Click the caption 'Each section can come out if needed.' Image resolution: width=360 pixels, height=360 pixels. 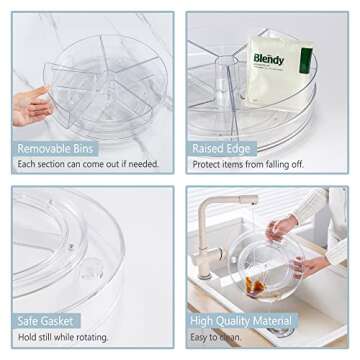click(87, 164)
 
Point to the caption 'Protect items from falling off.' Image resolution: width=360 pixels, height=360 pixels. click(247, 164)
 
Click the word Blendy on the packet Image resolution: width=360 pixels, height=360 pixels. click(267, 59)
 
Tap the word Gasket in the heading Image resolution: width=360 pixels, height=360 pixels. click(64, 322)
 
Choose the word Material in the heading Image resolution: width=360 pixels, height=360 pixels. click(275, 322)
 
